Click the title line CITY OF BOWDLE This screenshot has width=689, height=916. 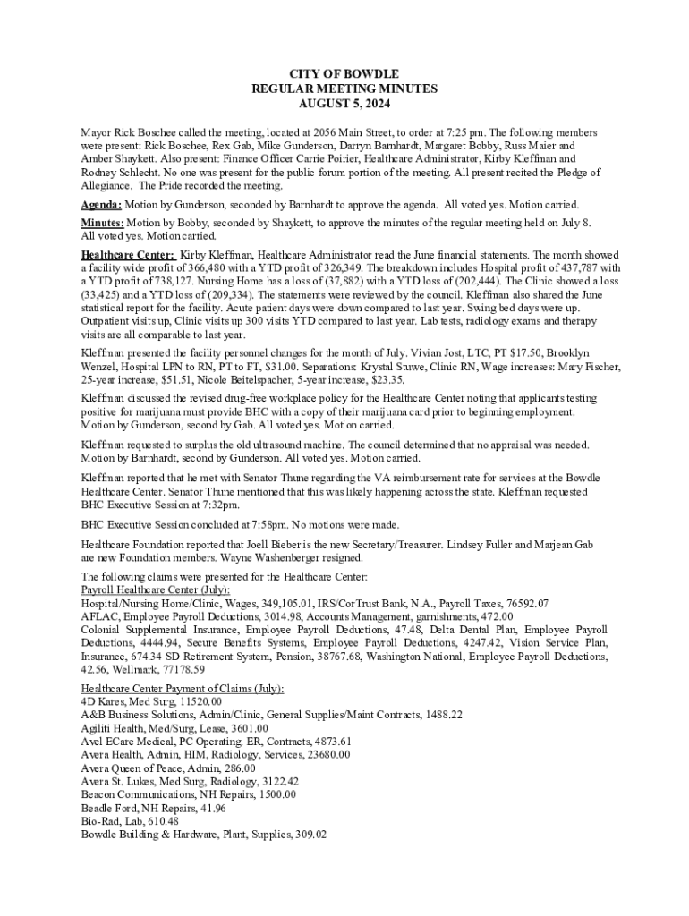pyautogui.click(x=344, y=73)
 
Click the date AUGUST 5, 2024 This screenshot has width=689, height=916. pyautogui.click(x=344, y=104)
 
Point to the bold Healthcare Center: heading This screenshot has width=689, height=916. pyautogui.click(x=128, y=255)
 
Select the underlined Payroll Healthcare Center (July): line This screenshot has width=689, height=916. pyautogui.click(x=155, y=590)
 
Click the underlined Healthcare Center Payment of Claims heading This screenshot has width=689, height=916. pyautogui.click(x=183, y=689)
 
